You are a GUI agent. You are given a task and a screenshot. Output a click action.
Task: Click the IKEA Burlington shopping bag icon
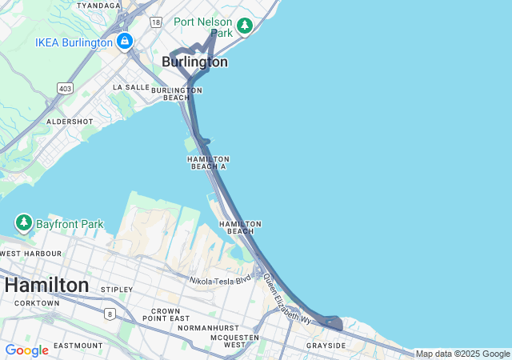(x=124, y=41)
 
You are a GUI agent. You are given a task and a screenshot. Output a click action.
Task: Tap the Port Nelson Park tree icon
(x=245, y=26)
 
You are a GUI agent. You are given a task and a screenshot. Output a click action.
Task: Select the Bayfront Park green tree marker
(x=24, y=222)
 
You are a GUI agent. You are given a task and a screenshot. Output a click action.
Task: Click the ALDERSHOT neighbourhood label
(x=70, y=122)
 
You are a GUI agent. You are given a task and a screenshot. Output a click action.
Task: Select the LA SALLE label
(x=131, y=86)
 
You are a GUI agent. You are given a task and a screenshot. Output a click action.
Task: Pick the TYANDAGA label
(x=98, y=5)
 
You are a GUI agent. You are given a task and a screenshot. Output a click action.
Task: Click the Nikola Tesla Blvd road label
(x=220, y=280)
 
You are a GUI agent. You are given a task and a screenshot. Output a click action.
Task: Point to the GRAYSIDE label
(x=326, y=346)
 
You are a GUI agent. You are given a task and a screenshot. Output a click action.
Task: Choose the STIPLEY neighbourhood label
(x=118, y=289)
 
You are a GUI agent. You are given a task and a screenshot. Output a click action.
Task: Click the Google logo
(x=26, y=350)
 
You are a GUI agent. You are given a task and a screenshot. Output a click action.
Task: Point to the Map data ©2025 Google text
(x=462, y=354)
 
